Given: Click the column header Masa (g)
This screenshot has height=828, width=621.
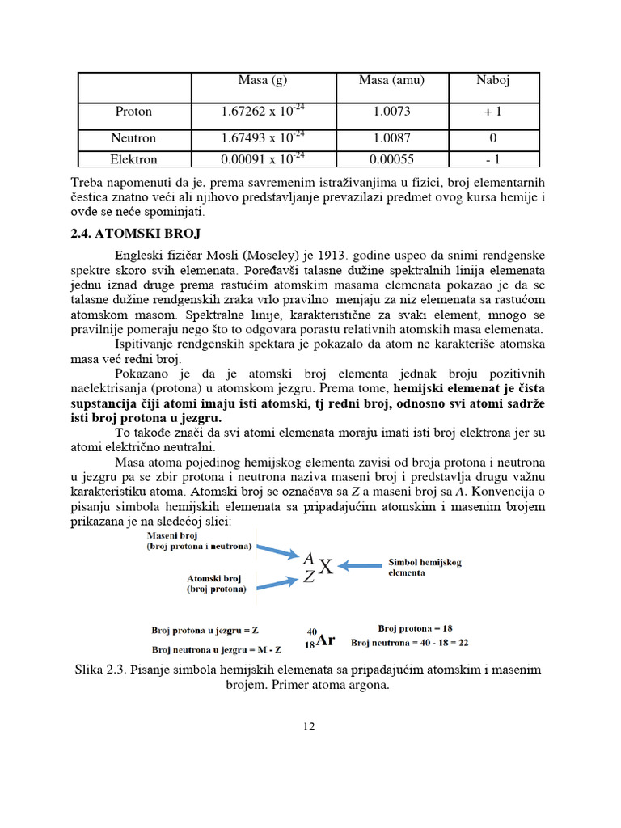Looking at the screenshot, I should coord(259,80).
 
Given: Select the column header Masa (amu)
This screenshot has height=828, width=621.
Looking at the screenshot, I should coord(391,80).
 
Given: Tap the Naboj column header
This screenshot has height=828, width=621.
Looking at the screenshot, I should coord(492,80).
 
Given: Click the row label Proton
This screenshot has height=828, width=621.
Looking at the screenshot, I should coord(134,112).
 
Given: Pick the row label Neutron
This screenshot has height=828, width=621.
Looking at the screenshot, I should coord(134,138).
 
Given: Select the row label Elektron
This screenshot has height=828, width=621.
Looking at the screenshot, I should coord(134,159).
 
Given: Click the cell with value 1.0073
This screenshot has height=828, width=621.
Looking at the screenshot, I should coord(391,112).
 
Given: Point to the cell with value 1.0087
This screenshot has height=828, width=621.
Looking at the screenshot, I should coord(391,138).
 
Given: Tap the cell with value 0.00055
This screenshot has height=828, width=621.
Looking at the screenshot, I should coord(391,159).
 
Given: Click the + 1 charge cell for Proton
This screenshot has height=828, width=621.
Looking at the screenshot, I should coord(492,112).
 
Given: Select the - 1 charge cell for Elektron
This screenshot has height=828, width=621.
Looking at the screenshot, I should coord(492,159).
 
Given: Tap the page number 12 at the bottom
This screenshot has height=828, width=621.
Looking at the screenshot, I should coord(309,726).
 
